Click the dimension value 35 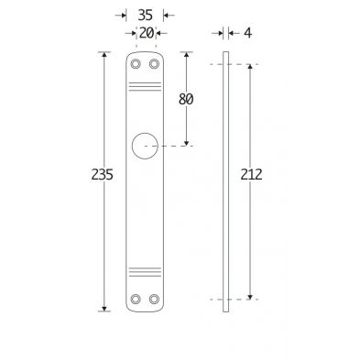pyautogui.click(x=145, y=15)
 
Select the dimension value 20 pyautogui.click(x=147, y=33)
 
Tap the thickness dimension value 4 pyautogui.click(x=248, y=33)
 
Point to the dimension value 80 pyautogui.click(x=186, y=99)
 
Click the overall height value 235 pyautogui.click(x=103, y=174)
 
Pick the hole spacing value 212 pyautogui.click(x=251, y=174)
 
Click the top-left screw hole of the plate pyautogui.click(x=136, y=64)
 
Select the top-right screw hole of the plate pyautogui.click(x=154, y=64)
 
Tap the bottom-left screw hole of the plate pyautogui.click(x=136, y=299)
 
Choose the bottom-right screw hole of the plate pyautogui.click(x=154, y=299)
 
